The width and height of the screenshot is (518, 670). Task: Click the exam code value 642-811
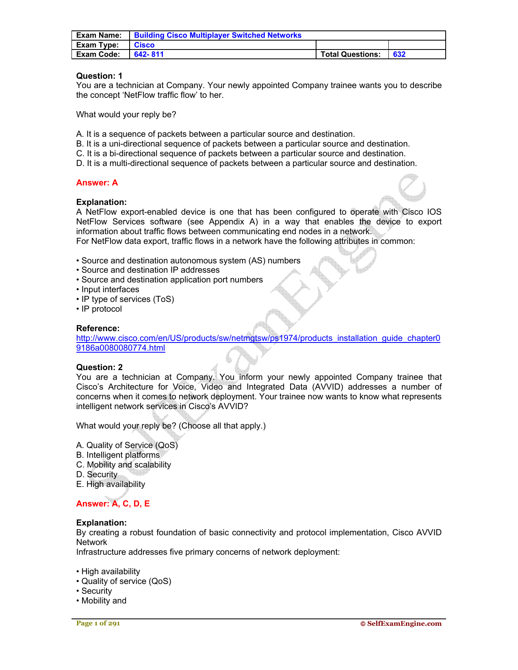click(x=149, y=54)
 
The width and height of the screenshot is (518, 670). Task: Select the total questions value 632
click(x=399, y=54)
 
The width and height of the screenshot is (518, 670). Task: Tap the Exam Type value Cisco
click(x=144, y=45)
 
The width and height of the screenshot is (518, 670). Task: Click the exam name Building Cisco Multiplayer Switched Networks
click(x=218, y=35)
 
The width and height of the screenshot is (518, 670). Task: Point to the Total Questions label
click(x=350, y=54)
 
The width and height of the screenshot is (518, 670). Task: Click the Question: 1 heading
click(x=99, y=76)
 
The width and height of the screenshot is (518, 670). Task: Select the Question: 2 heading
click(x=100, y=367)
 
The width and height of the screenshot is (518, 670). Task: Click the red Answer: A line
click(x=97, y=183)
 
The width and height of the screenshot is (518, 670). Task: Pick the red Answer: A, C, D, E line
click(x=113, y=504)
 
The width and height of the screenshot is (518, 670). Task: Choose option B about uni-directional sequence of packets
click(x=243, y=144)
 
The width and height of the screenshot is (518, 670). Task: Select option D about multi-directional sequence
click(x=246, y=163)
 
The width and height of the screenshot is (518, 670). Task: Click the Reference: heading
click(x=98, y=328)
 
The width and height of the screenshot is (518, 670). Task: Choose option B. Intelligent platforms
click(x=118, y=455)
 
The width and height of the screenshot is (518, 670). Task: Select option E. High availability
click(x=111, y=484)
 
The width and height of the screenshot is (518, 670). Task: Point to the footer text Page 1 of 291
click(x=98, y=623)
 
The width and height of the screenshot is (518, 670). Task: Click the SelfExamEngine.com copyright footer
click(x=401, y=623)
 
